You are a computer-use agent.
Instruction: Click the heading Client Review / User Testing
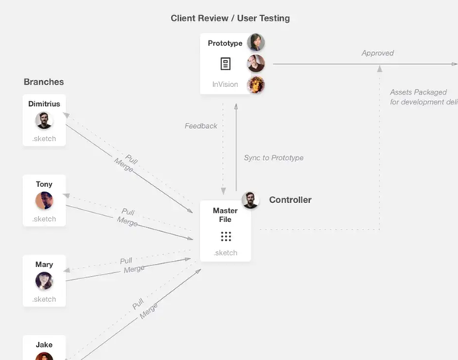pyautogui.click(x=230, y=18)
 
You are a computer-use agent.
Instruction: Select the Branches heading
pyautogui.click(x=44, y=82)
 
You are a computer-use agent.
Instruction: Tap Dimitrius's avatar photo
pyautogui.click(x=44, y=121)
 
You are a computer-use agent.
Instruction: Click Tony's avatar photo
pyautogui.click(x=44, y=201)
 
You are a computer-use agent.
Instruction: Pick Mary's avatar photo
pyautogui.click(x=44, y=281)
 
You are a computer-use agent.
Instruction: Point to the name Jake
pyautogui.click(x=44, y=345)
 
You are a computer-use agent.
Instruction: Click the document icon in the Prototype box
pyautogui.click(x=225, y=64)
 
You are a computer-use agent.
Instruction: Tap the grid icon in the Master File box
pyautogui.click(x=225, y=236)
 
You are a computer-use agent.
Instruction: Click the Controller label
pyautogui.click(x=290, y=200)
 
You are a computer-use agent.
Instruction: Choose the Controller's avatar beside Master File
pyautogui.click(x=250, y=200)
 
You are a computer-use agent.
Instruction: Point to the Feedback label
pyautogui.click(x=201, y=126)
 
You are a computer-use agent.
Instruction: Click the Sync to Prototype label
pyautogui.click(x=273, y=158)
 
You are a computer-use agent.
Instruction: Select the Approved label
pyautogui.click(x=378, y=53)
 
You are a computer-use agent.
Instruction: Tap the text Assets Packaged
pyautogui.click(x=418, y=92)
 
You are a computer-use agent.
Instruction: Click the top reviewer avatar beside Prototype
pyautogui.click(x=256, y=43)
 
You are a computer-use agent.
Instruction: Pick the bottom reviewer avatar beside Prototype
pyautogui.click(x=256, y=85)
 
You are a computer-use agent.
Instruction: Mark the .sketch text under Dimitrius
pyautogui.click(x=44, y=139)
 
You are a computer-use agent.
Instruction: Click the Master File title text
pyautogui.click(x=225, y=215)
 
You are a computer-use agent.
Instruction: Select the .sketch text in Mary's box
pyautogui.click(x=44, y=299)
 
